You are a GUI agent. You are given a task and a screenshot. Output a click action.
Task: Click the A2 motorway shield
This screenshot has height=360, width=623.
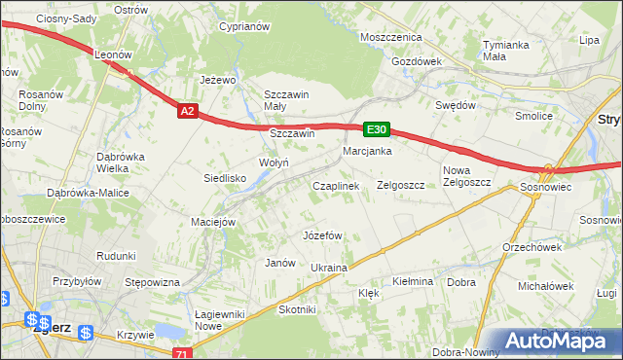click(189, 112)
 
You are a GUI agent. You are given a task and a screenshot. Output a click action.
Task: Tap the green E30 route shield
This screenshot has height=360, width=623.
click(377, 129)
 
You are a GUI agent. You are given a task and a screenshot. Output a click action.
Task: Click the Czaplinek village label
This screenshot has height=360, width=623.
click(335, 185)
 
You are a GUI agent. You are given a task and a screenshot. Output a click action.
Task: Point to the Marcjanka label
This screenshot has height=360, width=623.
click(367, 152)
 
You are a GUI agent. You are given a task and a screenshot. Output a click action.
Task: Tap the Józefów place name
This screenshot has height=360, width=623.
click(322, 235)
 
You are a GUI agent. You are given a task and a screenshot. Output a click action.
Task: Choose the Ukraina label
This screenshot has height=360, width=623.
click(329, 267)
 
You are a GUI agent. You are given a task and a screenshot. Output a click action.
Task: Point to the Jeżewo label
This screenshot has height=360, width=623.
click(219, 80)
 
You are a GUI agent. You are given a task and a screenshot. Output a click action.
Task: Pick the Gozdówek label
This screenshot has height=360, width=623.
click(417, 60)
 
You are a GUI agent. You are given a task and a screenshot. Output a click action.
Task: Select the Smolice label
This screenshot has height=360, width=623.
click(534, 116)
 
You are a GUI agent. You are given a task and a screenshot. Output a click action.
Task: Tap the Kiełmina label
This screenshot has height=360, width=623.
click(412, 281)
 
